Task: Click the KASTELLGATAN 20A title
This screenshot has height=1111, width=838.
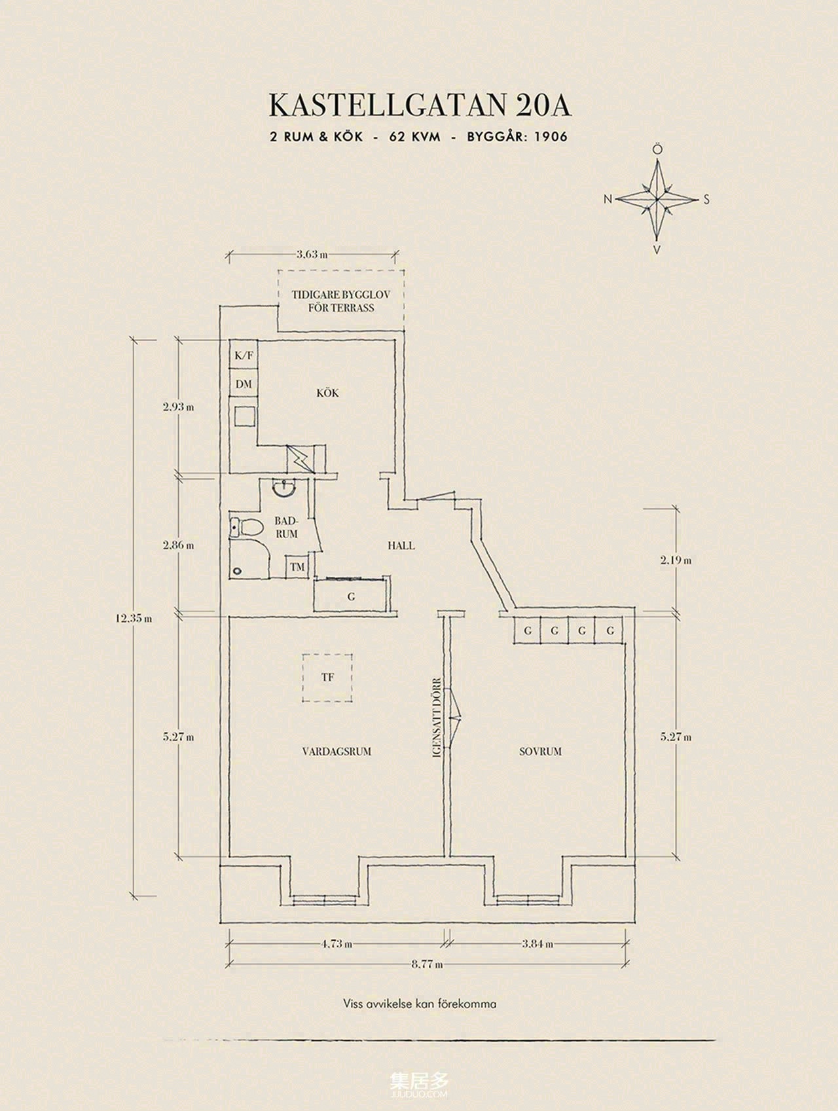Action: pyautogui.click(x=420, y=106)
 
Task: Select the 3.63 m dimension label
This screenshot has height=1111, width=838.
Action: pyautogui.click(x=312, y=254)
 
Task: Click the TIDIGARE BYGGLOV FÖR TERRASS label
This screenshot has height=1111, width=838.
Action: pyautogui.click(x=341, y=301)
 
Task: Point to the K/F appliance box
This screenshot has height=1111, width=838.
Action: pyautogui.click(x=244, y=355)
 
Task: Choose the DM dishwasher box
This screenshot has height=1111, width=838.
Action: pyautogui.click(x=244, y=384)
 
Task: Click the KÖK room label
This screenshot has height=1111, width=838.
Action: pyautogui.click(x=327, y=393)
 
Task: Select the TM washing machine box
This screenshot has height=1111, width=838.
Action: pyautogui.click(x=298, y=567)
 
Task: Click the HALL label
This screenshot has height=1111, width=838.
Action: pyautogui.click(x=401, y=545)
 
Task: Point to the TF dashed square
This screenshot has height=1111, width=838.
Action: pyautogui.click(x=327, y=678)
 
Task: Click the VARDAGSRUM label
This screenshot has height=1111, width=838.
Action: pyautogui.click(x=337, y=751)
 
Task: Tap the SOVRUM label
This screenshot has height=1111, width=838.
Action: pyautogui.click(x=541, y=751)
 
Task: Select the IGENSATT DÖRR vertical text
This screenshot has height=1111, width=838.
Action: pyautogui.click(x=437, y=717)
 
